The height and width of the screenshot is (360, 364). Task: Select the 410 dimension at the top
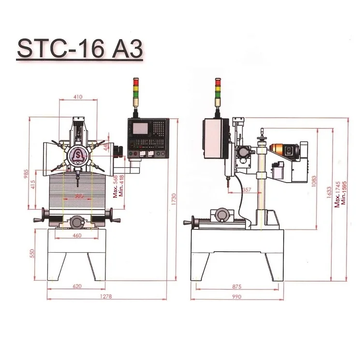pyautogui.click(x=78, y=97)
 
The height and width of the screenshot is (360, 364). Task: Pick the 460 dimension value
pyautogui.click(x=76, y=235)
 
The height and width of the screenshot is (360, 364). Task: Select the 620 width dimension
pyautogui.click(x=77, y=286)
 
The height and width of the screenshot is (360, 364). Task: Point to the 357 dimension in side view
pyautogui.click(x=247, y=189)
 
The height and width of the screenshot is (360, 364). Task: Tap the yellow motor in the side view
pyautogui.click(x=279, y=149)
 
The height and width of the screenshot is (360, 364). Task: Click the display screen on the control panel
pyautogui.click(x=140, y=129)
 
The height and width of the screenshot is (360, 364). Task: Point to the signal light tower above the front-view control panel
pyautogui.click(x=136, y=91)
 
